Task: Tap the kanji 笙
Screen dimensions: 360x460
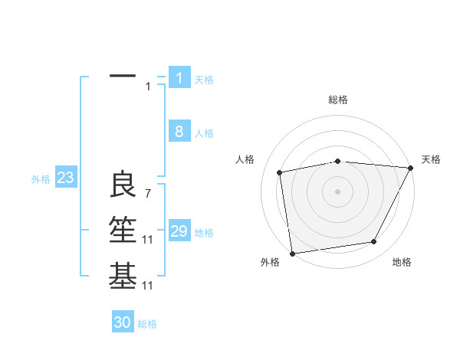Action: pos(123,230)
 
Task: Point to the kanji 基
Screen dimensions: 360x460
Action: pos(123,276)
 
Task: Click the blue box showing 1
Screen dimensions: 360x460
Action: pos(179,77)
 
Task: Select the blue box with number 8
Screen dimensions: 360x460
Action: pos(179,132)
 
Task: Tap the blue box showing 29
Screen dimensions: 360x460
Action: pos(179,231)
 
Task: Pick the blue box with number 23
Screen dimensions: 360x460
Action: pos(65,178)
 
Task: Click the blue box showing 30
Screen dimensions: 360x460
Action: pos(123,322)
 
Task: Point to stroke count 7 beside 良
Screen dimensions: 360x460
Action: pos(147,194)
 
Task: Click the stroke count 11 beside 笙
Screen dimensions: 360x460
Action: pos(148,240)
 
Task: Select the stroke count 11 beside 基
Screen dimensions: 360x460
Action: pos(148,286)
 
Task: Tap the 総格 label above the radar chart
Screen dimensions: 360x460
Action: pos(338,100)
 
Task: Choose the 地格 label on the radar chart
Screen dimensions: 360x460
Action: pos(402,263)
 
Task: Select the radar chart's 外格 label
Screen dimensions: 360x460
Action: pos(270,263)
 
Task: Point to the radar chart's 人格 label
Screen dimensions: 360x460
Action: pos(245,159)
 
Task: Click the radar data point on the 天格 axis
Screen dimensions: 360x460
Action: pos(411,168)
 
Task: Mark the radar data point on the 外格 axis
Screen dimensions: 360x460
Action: pos(292,253)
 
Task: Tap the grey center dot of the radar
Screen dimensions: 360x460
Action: pos(338,191)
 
